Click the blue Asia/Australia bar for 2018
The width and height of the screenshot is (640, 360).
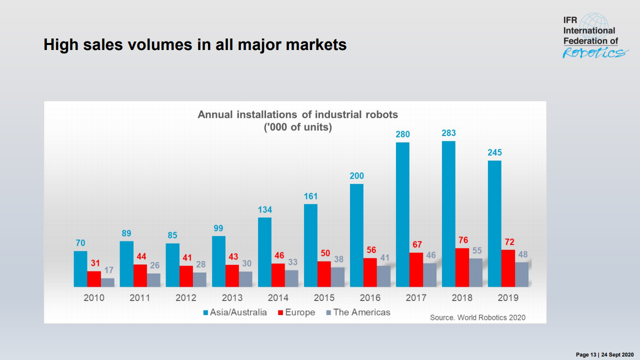point(448,214)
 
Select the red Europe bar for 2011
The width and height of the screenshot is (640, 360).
point(140,275)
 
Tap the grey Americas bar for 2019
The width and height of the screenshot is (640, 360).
point(521,274)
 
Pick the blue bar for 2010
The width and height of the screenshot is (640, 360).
point(80,269)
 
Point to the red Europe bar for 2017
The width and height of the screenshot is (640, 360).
point(416,269)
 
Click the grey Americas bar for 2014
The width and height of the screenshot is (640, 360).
point(291,278)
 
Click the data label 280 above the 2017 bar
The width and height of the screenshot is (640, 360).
point(402,134)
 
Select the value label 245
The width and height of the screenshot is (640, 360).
point(494,152)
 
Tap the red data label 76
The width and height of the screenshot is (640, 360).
point(463,240)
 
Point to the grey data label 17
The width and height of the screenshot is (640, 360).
point(108,270)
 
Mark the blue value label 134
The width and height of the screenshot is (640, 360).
point(265,209)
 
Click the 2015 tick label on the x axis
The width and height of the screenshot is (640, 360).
point(324,298)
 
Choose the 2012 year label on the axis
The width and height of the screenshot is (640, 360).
point(186,298)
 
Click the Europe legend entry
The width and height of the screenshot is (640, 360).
point(296,312)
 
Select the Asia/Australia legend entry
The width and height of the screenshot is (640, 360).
point(235,312)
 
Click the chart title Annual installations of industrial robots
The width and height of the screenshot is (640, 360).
point(297,114)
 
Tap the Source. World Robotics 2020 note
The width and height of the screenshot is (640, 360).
point(477,317)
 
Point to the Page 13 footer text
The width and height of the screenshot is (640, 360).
point(604,354)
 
